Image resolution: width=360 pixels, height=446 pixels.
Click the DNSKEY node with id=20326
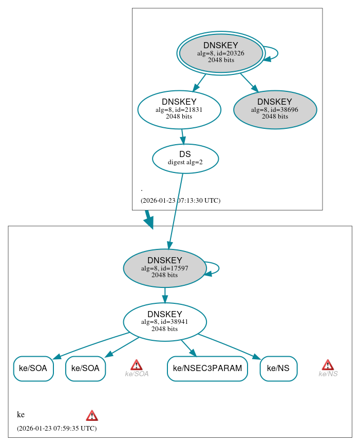click(x=221, y=53)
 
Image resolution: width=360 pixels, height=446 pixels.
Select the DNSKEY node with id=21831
click(x=179, y=109)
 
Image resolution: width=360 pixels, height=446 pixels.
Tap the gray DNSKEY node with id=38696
click(x=275, y=109)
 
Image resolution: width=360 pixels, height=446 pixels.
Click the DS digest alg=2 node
click(x=185, y=158)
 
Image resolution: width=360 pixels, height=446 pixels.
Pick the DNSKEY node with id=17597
click(x=165, y=268)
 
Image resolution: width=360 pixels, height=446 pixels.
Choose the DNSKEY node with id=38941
click(x=165, y=322)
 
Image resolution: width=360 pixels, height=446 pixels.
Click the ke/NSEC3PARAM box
click(x=207, y=369)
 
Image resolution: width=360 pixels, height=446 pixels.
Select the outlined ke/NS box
click(x=278, y=369)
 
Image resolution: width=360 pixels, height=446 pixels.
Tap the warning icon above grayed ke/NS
click(x=328, y=365)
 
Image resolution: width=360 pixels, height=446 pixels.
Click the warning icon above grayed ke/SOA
click(x=136, y=365)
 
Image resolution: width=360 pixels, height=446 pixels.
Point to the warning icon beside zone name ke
click(x=92, y=415)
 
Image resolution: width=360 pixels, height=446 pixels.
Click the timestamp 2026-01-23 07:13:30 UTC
click(x=180, y=201)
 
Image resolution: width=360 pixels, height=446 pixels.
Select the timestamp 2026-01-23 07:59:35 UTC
click(x=56, y=428)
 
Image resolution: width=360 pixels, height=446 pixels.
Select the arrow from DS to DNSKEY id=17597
click(x=176, y=210)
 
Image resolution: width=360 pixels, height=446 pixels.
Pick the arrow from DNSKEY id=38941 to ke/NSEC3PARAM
click(x=188, y=348)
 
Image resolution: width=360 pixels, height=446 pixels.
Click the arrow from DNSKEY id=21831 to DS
click(x=182, y=137)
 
